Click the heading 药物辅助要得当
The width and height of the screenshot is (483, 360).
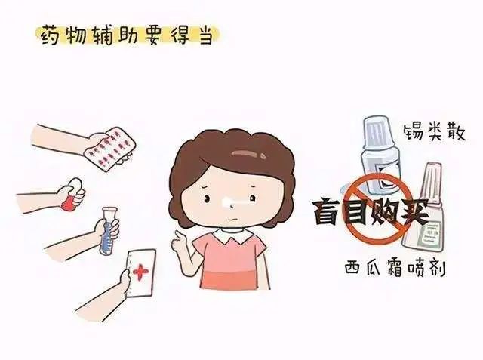[127, 36]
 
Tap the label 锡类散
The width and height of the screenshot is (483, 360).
[434, 132]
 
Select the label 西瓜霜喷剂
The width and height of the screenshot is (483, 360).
[395, 269]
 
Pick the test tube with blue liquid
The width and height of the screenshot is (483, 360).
[107, 230]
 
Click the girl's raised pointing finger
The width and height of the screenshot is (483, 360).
[179, 236]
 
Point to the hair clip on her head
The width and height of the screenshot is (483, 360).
[249, 153]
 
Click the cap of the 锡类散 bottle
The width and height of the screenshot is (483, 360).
[378, 132]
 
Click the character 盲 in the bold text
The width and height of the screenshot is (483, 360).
[328, 212]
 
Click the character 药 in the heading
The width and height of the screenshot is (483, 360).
[51, 36]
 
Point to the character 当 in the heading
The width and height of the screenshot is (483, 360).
[205, 36]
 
